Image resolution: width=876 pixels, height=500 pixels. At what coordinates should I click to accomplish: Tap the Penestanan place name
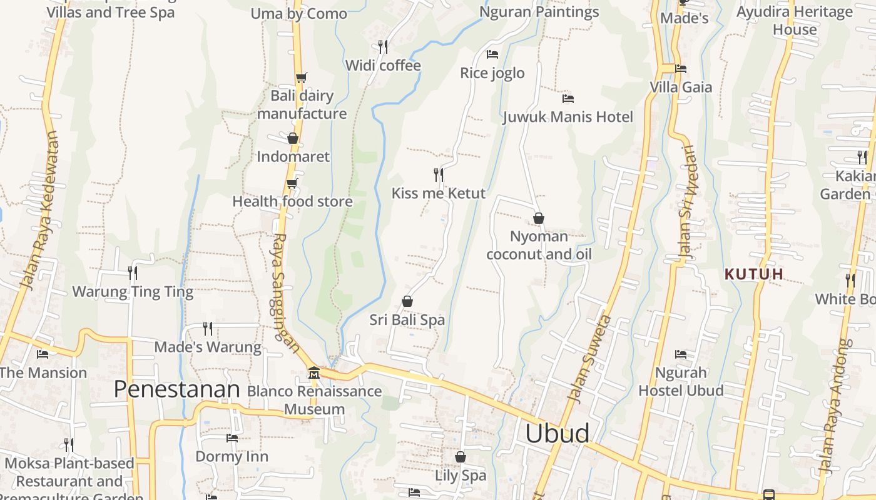[177, 389]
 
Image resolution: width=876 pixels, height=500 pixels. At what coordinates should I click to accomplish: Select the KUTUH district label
[754, 274]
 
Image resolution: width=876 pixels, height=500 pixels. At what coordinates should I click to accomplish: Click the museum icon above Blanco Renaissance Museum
[314, 373]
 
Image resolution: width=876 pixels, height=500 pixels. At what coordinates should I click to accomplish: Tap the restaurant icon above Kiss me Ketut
[439, 174]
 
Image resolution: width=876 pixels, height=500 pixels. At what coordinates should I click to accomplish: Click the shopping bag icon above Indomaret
[293, 138]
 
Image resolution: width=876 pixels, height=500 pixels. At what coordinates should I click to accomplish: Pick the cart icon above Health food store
[292, 183]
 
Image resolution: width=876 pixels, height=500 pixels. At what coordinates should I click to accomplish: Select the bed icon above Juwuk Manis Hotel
[568, 98]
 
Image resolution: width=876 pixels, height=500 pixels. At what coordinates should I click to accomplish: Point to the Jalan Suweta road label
[589, 359]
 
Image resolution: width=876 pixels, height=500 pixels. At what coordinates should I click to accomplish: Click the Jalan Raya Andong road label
[835, 406]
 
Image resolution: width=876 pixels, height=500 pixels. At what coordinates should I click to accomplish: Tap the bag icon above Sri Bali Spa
[407, 302]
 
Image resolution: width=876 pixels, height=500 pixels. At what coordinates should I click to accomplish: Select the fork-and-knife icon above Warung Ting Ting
[133, 272]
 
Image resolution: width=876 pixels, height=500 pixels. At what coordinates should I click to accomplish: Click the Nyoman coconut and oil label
[539, 245]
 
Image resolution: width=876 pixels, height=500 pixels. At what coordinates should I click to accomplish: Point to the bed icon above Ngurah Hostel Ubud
[681, 354]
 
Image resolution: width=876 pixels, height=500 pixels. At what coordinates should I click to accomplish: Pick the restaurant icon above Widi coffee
[383, 46]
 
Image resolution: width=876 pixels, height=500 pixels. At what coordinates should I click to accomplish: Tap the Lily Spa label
[461, 476]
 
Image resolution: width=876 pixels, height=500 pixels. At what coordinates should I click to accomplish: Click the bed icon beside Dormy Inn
[232, 437]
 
